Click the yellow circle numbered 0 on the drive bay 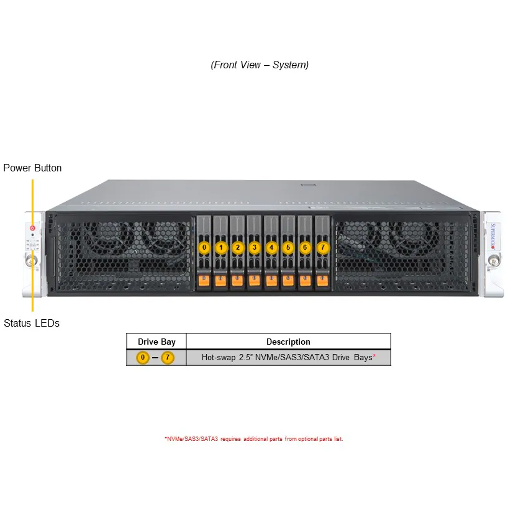click(x=204, y=247)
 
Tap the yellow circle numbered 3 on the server click(x=254, y=247)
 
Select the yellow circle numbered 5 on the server click(x=288, y=247)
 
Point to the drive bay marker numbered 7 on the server click(x=322, y=247)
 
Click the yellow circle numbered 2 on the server click(x=237, y=247)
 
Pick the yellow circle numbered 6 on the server click(x=304, y=247)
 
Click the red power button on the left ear click(x=32, y=228)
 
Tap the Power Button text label click(x=32, y=168)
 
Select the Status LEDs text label click(x=32, y=323)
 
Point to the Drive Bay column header click(x=156, y=342)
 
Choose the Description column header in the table click(x=288, y=342)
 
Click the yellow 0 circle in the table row click(x=143, y=358)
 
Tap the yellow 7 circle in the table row click(x=168, y=358)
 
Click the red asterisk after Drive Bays click(x=374, y=357)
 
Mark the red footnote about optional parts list click(x=253, y=439)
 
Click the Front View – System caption click(x=260, y=65)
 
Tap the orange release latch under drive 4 click(x=271, y=281)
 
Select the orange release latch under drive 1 click(x=220, y=281)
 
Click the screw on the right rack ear click(x=492, y=263)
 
